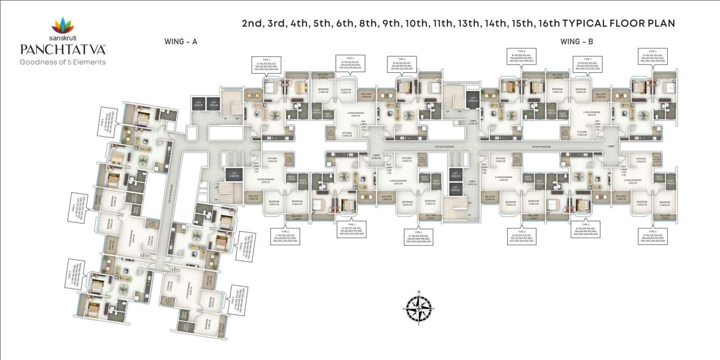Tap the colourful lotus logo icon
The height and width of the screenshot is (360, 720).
pyautogui.click(x=63, y=25)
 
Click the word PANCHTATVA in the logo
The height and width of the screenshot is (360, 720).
pyautogui.click(x=63, y=49)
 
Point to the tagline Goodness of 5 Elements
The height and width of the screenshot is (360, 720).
pyautogui.click(x=63, y=61)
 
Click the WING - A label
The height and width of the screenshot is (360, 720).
pyautogui.click(x=181, y=41)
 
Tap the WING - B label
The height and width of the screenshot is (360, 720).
pyautogui.click(x=577, y=41)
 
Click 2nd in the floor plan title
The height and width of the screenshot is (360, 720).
pyautogui.click(x=251, y=23)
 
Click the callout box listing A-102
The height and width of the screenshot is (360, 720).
pyautogui.click(x=266, y=65)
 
